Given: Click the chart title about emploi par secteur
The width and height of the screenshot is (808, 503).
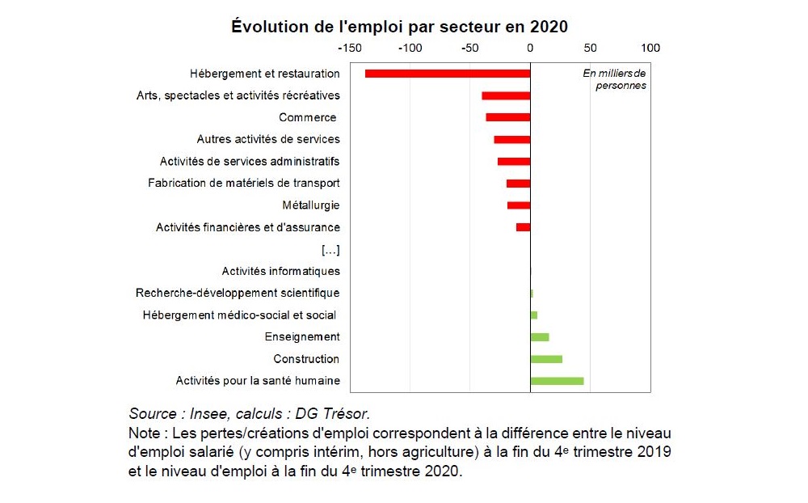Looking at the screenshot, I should point(399,26).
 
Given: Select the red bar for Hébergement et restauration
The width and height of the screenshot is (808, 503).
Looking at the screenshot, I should point(447,74).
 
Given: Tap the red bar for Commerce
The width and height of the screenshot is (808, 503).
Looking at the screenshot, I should point(507,117).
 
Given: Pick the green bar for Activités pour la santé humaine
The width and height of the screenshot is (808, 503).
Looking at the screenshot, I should point(557,381).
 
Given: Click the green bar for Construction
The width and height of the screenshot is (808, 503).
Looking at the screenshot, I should point(546,359).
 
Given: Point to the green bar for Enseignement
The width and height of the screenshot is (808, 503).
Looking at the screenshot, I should point(540,336).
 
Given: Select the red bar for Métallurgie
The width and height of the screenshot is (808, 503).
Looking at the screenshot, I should point(519,205).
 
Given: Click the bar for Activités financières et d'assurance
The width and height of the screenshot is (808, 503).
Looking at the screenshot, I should point(524,227).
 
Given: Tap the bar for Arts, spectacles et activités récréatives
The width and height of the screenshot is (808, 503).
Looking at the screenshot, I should point(506,95).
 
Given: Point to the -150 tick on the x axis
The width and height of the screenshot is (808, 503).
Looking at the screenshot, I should point(350,48).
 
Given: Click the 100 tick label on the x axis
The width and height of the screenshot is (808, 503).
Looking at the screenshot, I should point(650,48).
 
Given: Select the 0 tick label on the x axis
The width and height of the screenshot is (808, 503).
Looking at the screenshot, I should point(530,48).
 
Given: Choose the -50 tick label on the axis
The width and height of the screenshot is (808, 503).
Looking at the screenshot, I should point(468,48).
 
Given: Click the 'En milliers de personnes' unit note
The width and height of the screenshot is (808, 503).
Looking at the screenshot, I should point(616,79).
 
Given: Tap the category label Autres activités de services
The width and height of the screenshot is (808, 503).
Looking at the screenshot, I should point(268,139).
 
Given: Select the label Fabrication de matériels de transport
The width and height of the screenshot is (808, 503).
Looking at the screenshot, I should point(243,183).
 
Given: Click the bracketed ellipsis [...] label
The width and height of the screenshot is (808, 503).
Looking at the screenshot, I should point(330,249).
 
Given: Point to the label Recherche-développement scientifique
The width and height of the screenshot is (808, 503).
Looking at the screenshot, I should point(238,293).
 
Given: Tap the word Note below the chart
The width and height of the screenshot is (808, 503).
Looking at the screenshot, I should point(145,433).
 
